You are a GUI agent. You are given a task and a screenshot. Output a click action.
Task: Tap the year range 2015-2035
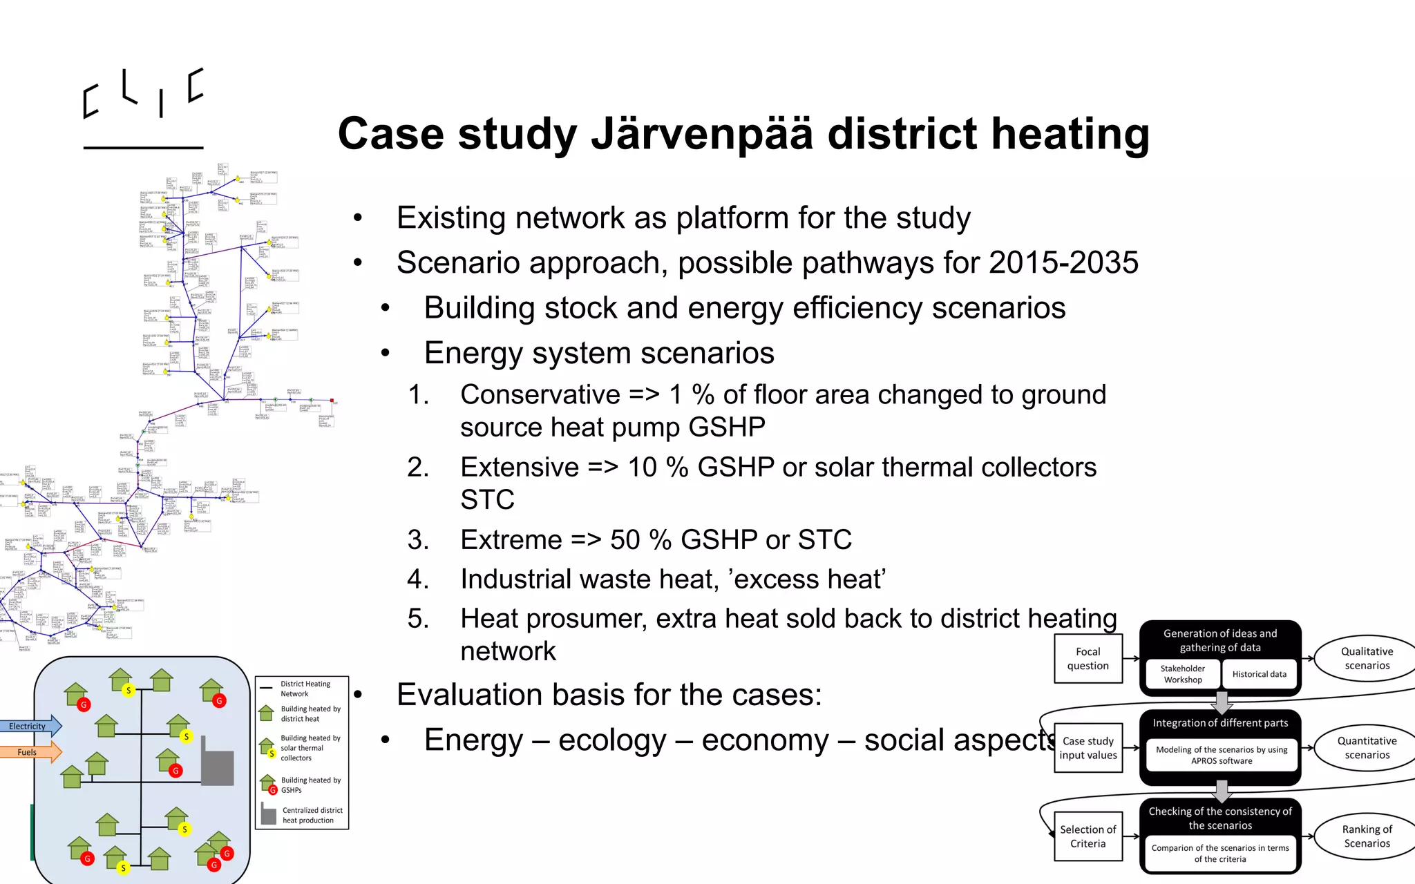click(x=1063, y=263)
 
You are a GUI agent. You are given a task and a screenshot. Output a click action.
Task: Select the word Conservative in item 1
click(x=540, y=395)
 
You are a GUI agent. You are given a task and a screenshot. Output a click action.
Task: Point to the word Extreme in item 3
click(x=511, y=540)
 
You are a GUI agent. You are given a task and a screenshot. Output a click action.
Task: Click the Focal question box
click(x=1088, y=659)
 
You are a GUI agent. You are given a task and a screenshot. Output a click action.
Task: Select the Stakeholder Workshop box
click(x=1182, y=674)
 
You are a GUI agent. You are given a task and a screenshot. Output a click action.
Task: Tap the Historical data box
click(x=1259, y=674)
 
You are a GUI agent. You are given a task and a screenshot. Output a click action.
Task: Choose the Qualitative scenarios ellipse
click(x=1367, y=659)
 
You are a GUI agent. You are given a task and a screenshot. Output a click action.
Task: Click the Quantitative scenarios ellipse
click(x=1367, y=748)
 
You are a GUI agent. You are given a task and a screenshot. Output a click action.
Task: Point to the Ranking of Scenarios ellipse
click(x=1367, y=836)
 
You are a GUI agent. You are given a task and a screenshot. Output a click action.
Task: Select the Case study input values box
click(x=1088, y=748)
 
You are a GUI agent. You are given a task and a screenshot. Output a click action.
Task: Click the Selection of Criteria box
click(x=1088, y=836)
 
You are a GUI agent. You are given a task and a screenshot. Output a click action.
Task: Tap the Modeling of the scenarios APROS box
click(x=1221, y=755)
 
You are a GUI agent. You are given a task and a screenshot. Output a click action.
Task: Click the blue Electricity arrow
click(x=30, y=726)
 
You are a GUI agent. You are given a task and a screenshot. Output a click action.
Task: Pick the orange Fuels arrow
click(x=30, y=752)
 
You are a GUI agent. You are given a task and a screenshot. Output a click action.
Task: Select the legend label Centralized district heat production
click(x=312, y=816)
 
